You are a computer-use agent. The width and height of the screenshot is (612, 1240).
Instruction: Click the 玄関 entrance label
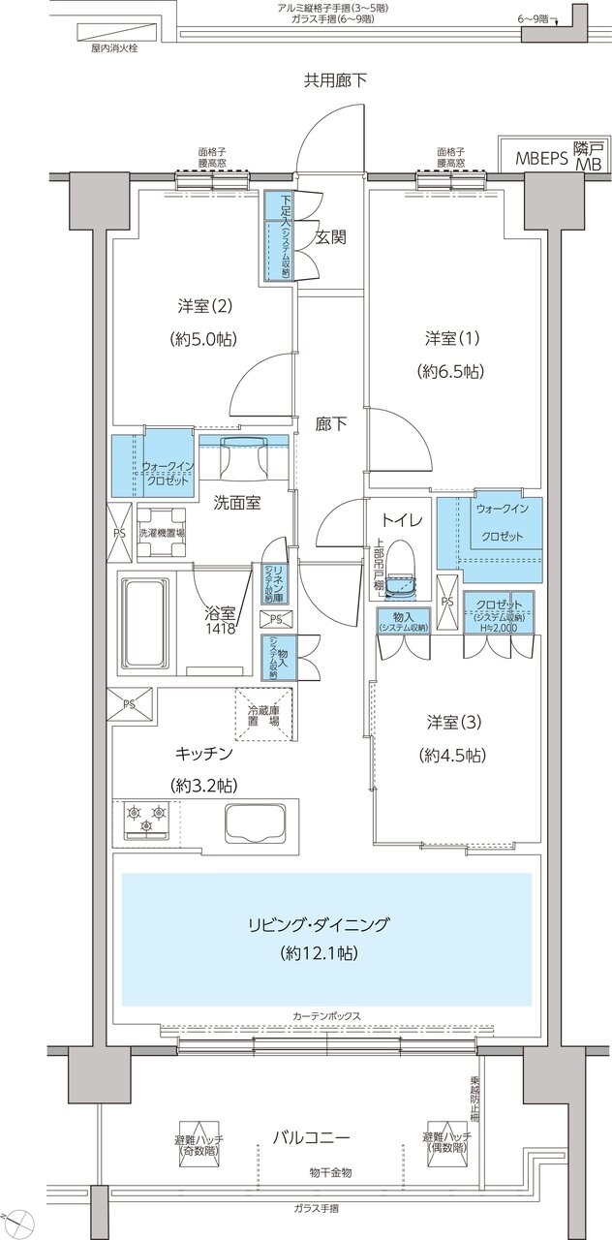pos(330,236)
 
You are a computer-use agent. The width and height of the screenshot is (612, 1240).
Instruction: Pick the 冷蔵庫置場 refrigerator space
pos(263,715)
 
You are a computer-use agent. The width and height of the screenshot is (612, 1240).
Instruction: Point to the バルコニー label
pos(321,1137)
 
